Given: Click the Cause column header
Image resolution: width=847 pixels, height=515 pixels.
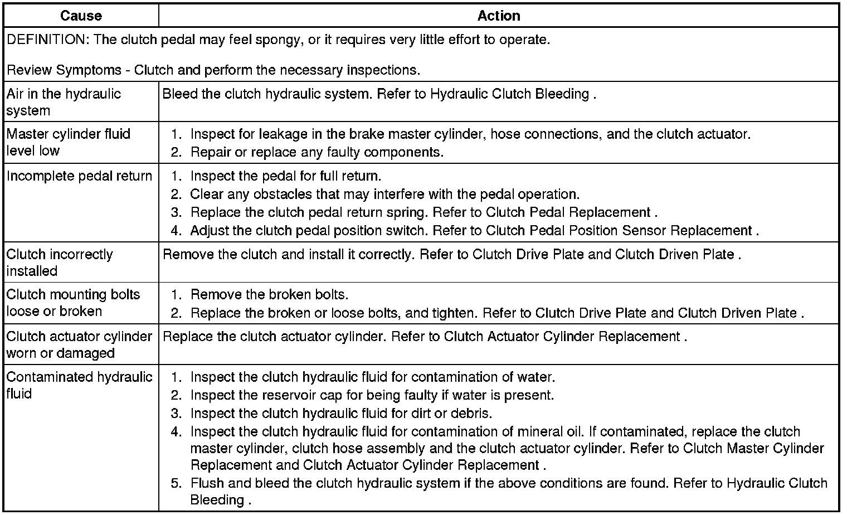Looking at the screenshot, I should coord(81,16).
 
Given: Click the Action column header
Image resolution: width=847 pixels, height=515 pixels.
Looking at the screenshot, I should coord(499,16).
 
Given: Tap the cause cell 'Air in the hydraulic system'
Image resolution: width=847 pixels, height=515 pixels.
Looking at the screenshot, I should coord(64,102).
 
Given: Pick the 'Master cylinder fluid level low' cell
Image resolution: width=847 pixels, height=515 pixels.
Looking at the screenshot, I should coord(68,142).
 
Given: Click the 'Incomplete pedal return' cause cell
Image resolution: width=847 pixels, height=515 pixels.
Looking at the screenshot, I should coord(79,176).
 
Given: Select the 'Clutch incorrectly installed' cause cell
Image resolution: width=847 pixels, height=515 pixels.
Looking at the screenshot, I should coord(60,263).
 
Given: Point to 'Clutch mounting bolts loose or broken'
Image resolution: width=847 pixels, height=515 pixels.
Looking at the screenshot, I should coord(73,303).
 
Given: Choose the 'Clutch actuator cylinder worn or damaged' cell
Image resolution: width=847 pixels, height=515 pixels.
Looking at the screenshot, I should coord(79,344).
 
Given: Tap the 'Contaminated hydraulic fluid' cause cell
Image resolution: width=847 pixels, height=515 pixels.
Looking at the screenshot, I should coord(79,385).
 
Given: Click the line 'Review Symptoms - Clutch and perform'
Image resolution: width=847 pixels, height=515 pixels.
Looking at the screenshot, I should coord(213,70).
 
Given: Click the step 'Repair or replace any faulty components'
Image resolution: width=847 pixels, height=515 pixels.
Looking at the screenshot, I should coord(317,152).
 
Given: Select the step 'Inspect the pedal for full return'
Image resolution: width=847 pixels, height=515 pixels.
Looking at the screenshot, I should coord(285,176).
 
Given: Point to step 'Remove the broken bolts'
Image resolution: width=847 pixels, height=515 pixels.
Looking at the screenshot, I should coord(269,295).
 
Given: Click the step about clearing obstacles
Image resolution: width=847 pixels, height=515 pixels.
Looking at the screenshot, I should coord(384,195).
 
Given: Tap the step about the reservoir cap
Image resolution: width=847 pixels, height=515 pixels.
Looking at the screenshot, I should coord(372,395).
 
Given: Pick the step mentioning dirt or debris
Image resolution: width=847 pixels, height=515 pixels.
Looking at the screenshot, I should coord(341,414).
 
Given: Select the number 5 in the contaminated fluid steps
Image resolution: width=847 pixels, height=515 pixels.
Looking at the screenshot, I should coord(176,483).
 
